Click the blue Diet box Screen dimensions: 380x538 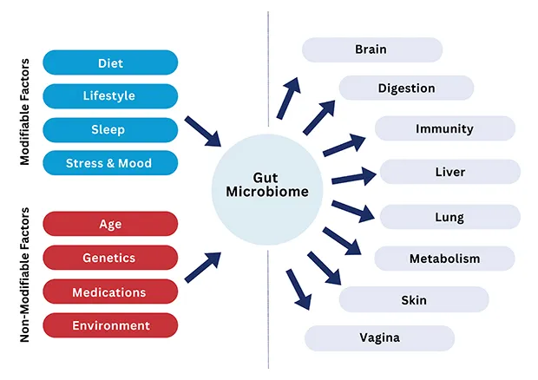click(110, 62)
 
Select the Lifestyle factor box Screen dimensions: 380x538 click(110, 95)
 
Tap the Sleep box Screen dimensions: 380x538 click(110, 129)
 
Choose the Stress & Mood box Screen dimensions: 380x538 click(110, 163)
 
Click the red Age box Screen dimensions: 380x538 click(110, 224)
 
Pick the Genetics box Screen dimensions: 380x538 click(110, 258)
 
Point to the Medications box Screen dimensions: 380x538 click(110, 292)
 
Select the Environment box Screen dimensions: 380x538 click(110, 325)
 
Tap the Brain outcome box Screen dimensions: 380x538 click(371, 49)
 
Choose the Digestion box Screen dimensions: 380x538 click(406, 88)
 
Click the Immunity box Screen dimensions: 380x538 click(444, 128)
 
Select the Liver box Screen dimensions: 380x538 click(449, 172)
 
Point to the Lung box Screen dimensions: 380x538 click(449, 217)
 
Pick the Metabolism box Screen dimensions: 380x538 click(444, 259)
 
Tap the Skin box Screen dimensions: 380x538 click(413, 299)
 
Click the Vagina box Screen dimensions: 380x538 click(379, 337)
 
